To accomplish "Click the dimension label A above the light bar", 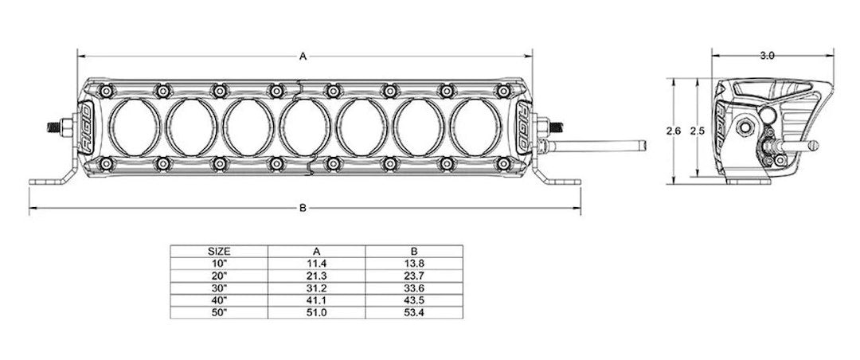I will tap(303, 56).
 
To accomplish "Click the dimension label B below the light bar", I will tap(303, 209).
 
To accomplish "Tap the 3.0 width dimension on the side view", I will tap(768, 56).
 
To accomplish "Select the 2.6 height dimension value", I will tap(672, 131).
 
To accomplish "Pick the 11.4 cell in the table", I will tap(316, 261).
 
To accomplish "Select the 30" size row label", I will tap(219, 288).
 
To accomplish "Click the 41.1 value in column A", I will tap(316, 300).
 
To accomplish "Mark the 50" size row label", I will tap(219, 313).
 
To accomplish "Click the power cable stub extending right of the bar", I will tap(605, 146).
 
